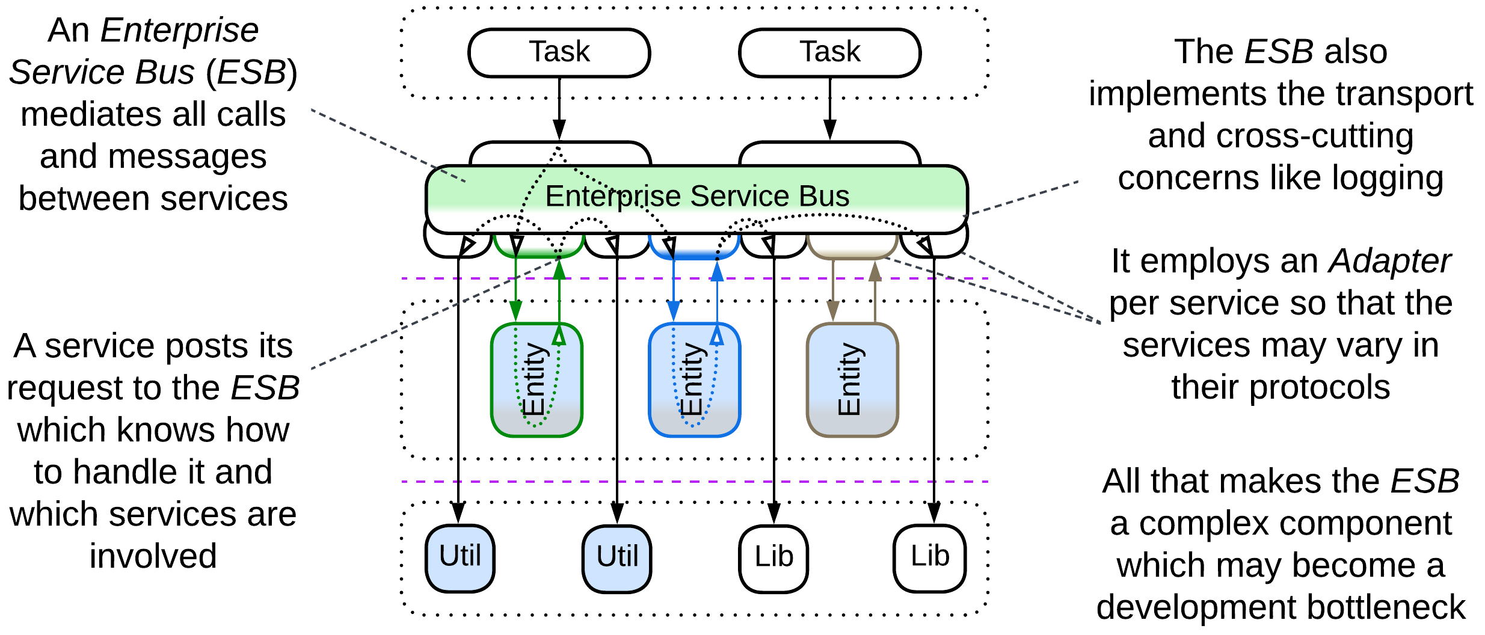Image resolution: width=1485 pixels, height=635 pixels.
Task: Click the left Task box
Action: [x=559, y=52]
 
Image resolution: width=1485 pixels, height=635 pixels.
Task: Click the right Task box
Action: [x=829, y=52]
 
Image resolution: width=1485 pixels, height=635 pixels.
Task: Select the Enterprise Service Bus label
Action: [x=696, y=196]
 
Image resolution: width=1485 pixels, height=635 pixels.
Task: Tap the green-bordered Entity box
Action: [x=537, y=380]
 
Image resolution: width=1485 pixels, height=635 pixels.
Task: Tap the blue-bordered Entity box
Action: [x=694, y=380]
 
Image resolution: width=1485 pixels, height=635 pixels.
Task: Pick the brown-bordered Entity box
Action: [x=852, y=380]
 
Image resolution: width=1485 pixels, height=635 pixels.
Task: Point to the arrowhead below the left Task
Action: [x=559, y=129]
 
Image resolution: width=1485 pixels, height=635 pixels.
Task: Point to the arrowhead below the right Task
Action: [x=829, y=129]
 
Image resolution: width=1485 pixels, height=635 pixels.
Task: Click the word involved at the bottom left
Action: [x=153, y=556]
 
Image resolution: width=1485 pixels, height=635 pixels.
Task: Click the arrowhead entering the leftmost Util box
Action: [x=458, y=513]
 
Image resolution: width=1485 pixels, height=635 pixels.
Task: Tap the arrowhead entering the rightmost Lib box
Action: [x=933, y=513]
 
